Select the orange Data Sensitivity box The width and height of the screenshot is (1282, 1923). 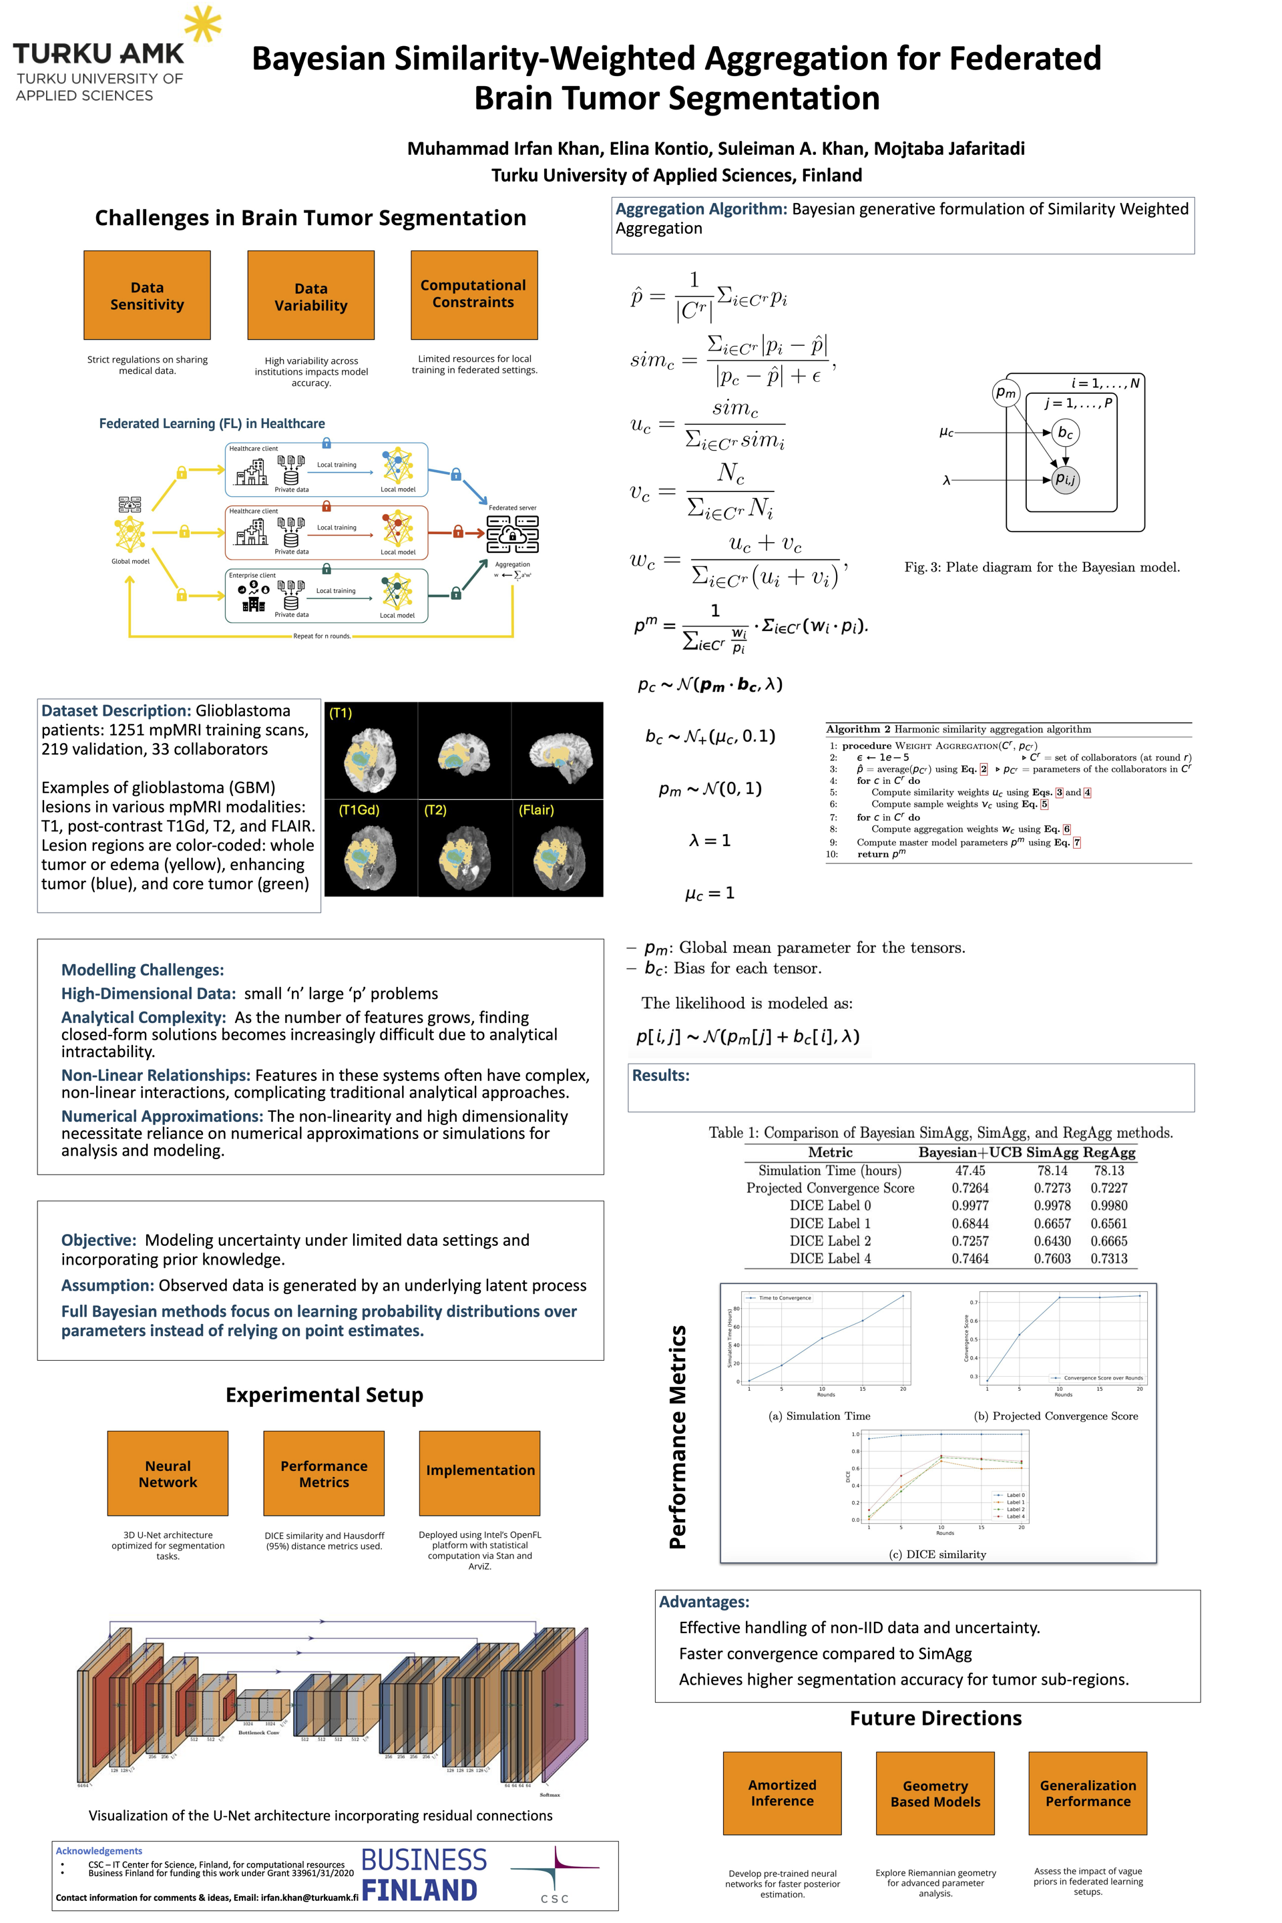coord(147,295)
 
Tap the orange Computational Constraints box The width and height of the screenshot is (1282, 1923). coord(474,294)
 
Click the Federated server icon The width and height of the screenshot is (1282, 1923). coord(513,534)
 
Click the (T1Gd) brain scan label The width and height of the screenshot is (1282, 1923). coord(359,809)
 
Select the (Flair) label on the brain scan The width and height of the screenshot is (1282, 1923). coord(536,809)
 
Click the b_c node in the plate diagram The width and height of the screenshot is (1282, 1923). coord(1064,433)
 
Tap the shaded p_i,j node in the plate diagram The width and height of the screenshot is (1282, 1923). coord(1064,479)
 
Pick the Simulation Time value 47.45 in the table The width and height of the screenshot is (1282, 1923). coord(970,1170)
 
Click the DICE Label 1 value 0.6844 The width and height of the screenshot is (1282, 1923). coord(970,1223)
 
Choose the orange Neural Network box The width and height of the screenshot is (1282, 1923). coord(168,1474)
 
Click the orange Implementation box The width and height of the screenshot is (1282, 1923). coord(480,1474)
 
